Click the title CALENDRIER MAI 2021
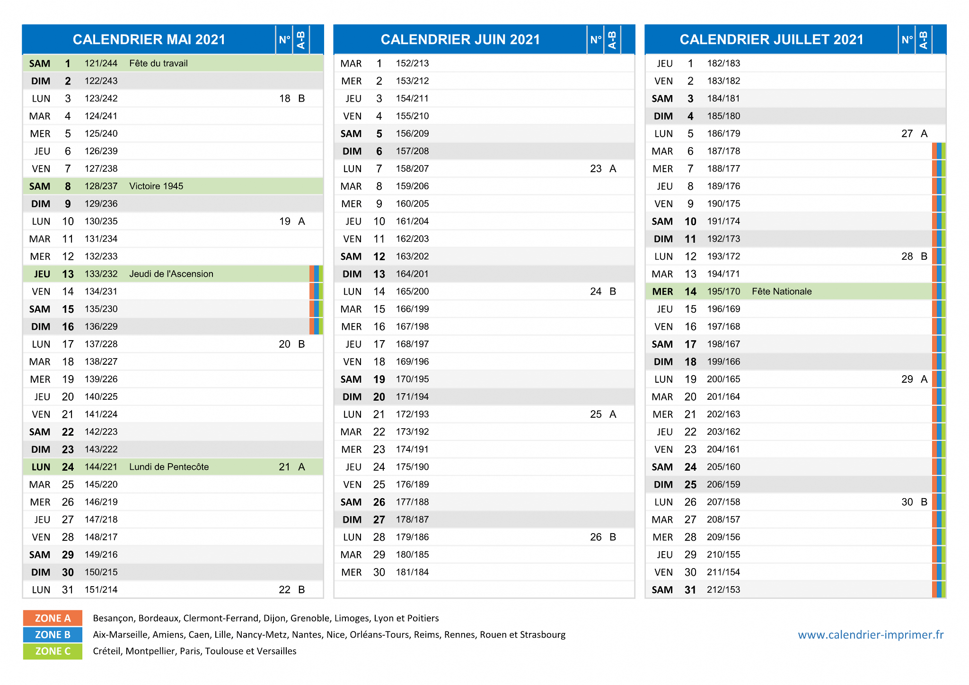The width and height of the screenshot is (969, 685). tap(149, 39)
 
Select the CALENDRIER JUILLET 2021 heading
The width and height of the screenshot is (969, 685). tap(772, 39)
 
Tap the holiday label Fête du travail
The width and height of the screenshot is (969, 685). tap(159, 63)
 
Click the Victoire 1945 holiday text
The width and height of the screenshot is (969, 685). tap(156, 186)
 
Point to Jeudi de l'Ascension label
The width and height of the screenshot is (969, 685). tap(171, 274)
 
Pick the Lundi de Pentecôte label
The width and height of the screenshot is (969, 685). tap(169, 467)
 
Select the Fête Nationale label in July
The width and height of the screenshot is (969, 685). tap(782, 291)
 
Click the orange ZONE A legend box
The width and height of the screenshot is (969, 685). tap(53, 618)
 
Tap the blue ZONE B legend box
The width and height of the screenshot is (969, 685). tap(53, 635)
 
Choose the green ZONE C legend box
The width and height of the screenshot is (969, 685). tap(53, 651)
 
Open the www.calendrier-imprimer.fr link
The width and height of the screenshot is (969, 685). tap(871, 635)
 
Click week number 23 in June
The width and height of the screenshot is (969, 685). tap(596, 169)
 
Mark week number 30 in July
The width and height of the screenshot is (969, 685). tap(907, 502)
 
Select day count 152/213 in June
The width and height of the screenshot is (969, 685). tap(413, 63)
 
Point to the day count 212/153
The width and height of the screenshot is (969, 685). tap(723, 590)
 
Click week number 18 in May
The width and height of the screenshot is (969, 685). tap(285, 98)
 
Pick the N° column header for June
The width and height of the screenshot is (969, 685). tap(596, 40)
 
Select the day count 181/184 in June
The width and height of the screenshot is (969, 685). tap(413, 572)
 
